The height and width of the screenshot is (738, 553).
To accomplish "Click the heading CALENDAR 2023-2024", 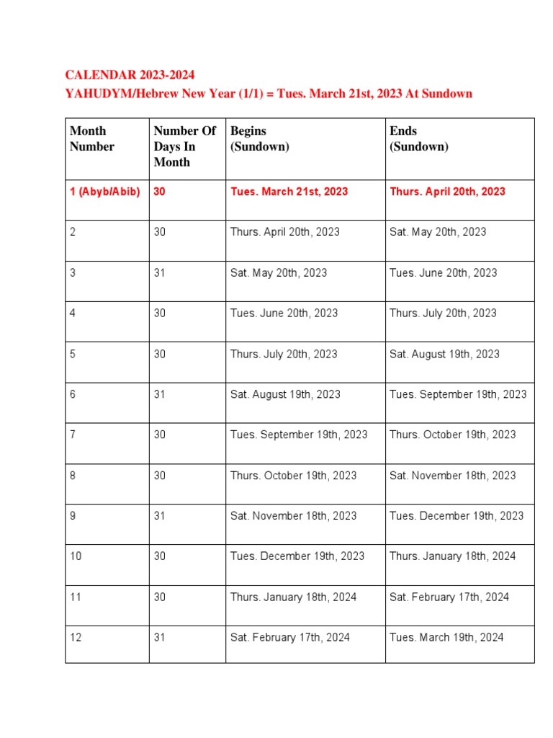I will click(130, 75).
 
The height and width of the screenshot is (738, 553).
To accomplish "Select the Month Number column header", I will click(92, 138).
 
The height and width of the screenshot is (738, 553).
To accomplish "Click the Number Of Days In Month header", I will click(184, 146).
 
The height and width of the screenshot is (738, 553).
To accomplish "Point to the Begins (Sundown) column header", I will click(259, 138).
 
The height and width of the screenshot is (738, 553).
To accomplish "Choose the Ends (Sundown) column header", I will click(418, 138).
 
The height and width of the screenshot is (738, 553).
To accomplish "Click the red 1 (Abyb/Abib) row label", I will click(105, 192).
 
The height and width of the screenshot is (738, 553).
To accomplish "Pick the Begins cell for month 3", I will click(279, 272).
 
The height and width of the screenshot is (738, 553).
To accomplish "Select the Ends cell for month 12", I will click(446, 637).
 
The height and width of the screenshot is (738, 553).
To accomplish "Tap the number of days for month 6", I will click(160, 394).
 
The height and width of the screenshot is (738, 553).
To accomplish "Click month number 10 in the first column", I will click(76, 556).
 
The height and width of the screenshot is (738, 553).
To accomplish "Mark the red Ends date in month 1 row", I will click(447, 192).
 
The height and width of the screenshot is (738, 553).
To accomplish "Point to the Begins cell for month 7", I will click(299, 435).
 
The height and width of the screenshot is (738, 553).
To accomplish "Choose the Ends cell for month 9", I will click(457, 516).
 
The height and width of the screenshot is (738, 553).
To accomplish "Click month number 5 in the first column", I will click(73, 354).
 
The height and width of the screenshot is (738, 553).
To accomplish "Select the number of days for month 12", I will click(160, 637).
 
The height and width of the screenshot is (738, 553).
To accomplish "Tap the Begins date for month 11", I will click(293, 597).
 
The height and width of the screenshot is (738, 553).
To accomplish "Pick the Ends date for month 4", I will click(443, 313).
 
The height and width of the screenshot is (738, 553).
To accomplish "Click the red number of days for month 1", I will click(160, 192).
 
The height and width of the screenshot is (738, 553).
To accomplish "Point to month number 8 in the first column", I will click(73, 476).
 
